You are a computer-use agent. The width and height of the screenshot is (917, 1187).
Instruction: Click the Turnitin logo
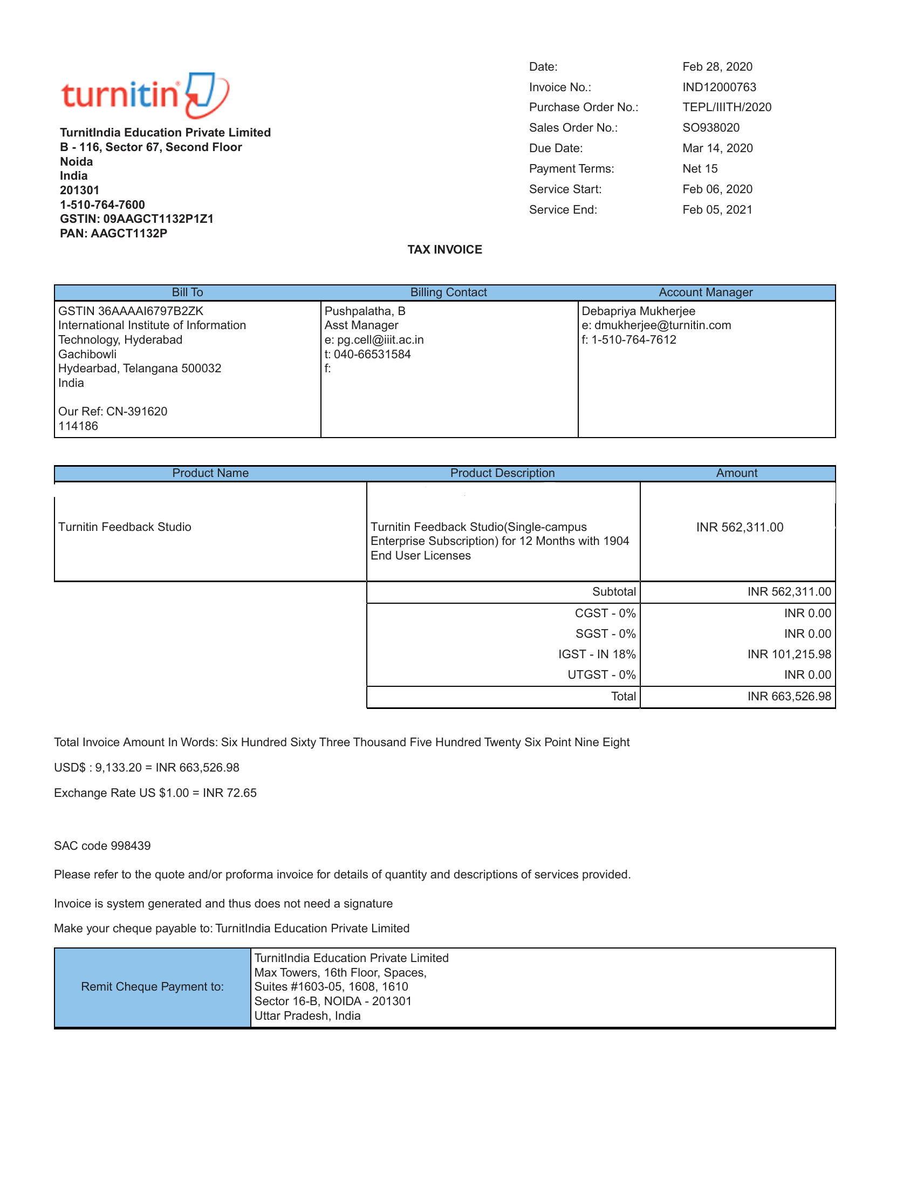tap(145, 94)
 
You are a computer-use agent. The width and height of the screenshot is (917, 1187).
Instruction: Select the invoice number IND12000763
tap(718, 87)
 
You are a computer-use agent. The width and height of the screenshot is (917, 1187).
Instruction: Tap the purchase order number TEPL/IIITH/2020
tap(727, 107)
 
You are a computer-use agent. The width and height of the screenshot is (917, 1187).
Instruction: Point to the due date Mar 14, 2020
tap(717, 148)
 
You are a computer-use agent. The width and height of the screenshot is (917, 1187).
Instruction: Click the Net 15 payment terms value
tap(700, 168)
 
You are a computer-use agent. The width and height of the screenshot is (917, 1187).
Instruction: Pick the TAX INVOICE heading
tap(444, 249)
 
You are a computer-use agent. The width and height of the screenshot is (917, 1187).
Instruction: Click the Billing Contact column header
tap(448, 292)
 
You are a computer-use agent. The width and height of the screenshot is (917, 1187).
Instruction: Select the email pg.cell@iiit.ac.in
tap(380, 340)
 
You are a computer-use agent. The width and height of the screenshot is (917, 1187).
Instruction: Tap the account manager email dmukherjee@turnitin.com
tap(662, 325)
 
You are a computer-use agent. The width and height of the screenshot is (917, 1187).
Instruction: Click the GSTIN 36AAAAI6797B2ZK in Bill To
tap(131, 311)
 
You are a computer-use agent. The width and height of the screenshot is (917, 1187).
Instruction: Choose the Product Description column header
tap(502, 473)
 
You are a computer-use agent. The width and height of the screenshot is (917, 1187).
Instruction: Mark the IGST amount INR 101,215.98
tap(789, 654)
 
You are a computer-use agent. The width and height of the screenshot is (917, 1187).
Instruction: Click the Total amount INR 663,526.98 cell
tap(789, 696)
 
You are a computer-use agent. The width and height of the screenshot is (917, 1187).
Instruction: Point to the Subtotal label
tap(614, 591)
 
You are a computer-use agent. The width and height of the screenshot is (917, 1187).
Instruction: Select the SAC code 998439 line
tap(102, 845)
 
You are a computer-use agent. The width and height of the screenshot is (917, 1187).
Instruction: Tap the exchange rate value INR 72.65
tap(229, 793)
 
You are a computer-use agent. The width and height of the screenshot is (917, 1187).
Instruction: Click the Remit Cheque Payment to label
tap(152, 986)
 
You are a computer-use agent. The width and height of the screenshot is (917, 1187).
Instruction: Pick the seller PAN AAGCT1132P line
tap(113, 233)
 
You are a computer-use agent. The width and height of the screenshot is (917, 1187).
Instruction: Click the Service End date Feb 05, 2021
tap(717, 210)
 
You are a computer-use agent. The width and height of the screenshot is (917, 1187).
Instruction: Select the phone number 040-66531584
tap(372, 354)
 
